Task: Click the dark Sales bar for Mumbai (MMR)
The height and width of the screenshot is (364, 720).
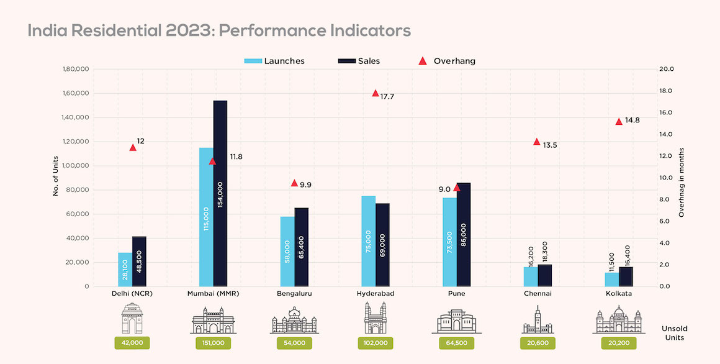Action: [220, 193]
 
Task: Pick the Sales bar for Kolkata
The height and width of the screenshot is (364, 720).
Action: [626, 276]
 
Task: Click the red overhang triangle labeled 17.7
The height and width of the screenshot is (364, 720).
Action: [375, 93]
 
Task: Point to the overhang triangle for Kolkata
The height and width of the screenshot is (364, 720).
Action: [619, 121]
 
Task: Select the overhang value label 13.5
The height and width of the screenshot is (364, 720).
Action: [550, 145]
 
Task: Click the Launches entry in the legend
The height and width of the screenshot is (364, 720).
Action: [283, 61]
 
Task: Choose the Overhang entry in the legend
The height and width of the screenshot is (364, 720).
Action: [454, 61]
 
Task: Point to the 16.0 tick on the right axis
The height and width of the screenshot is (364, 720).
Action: [666, 112]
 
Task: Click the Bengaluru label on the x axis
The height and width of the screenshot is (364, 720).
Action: [294, 294]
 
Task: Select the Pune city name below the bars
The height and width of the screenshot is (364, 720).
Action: [456, 294]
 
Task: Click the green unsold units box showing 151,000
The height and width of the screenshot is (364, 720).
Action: [214, 342]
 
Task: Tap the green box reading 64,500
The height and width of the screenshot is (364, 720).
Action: [456, 342]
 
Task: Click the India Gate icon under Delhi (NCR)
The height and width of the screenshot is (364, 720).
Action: [132, 319]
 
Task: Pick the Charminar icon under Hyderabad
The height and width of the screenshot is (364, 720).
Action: [375, 319]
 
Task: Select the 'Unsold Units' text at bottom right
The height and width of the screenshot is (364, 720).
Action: [674, 333]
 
